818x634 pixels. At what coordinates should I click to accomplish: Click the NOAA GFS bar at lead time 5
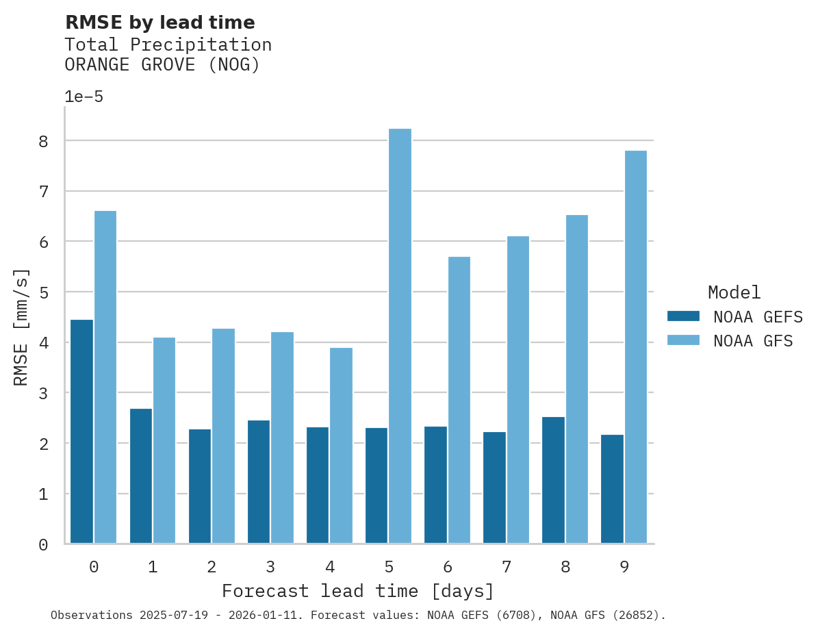pos(400,335)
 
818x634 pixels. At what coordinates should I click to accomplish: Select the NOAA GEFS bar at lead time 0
pos(81,431)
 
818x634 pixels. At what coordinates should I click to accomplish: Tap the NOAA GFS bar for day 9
pos(636,346)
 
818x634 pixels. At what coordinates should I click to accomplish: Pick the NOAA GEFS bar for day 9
pos(612,489)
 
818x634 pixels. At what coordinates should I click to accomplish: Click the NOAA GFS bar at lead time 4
pos(341,445)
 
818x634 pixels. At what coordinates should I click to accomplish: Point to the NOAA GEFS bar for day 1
pos(140,476)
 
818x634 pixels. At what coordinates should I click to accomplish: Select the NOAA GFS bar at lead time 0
pos(105,377)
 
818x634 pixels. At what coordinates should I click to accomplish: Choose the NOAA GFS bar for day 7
pos(517,390)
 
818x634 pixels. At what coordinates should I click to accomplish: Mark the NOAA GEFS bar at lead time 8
pos(553,480)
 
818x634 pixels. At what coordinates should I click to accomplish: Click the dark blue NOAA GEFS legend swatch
pos(683,316)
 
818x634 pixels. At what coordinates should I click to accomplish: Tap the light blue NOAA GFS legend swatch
pos(683,340)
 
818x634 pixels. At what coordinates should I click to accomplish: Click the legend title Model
pos(734,292)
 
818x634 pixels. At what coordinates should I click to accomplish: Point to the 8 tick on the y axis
pos(43,142)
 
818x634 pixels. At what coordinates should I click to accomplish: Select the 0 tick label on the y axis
pos(43,544)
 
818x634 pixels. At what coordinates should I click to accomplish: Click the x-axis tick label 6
pos(448,567)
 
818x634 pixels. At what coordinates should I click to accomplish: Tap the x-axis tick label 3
pos(271,567)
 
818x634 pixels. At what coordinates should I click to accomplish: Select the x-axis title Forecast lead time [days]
pos(357,591)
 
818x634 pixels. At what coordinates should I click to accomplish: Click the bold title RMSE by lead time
pos(159,23)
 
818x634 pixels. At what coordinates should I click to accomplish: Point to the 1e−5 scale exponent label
pos(84,97)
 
